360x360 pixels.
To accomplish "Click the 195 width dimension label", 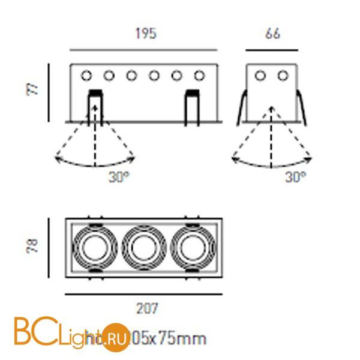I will pos(145,34).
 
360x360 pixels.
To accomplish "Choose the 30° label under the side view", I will pos(295,177).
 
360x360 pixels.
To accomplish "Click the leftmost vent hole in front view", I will pos(86,76).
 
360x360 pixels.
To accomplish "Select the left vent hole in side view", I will pos(260,76).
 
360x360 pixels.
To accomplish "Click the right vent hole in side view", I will pos(283,76).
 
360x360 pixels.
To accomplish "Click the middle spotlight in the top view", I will pos(143,247).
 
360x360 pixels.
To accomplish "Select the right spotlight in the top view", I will pos(192,247).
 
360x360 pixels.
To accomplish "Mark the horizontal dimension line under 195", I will pos(143,49).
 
